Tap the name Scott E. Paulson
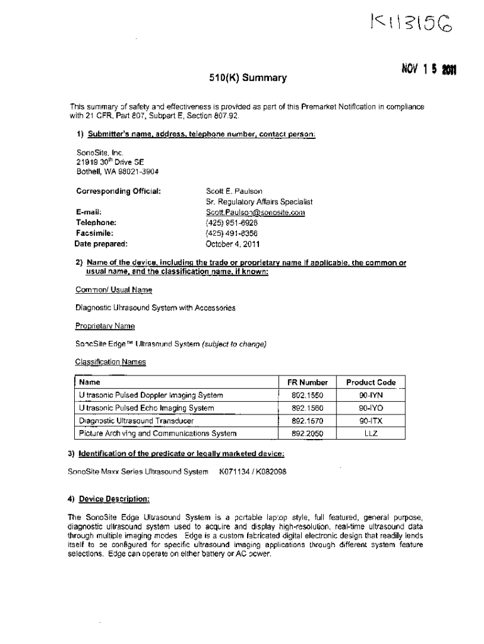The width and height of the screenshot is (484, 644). (234, 191)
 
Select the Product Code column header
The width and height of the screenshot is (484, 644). (371, 382)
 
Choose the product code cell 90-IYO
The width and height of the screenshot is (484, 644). (371, 408)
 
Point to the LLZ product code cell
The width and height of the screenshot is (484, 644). (371, 433)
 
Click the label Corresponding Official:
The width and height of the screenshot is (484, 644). (119, 191)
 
